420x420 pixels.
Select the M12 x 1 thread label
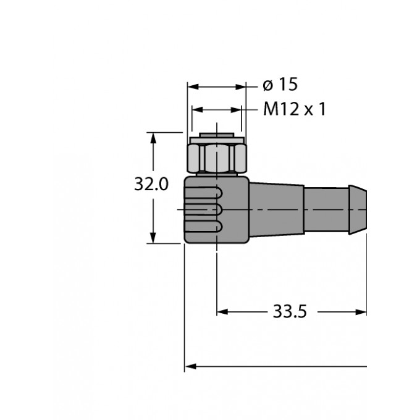[x=294, y=109]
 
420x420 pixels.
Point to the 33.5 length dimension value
[x=290, y=312]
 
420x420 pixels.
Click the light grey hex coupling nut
[x=216, y=159]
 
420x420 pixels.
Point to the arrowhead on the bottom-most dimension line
[x=191, y=366]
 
